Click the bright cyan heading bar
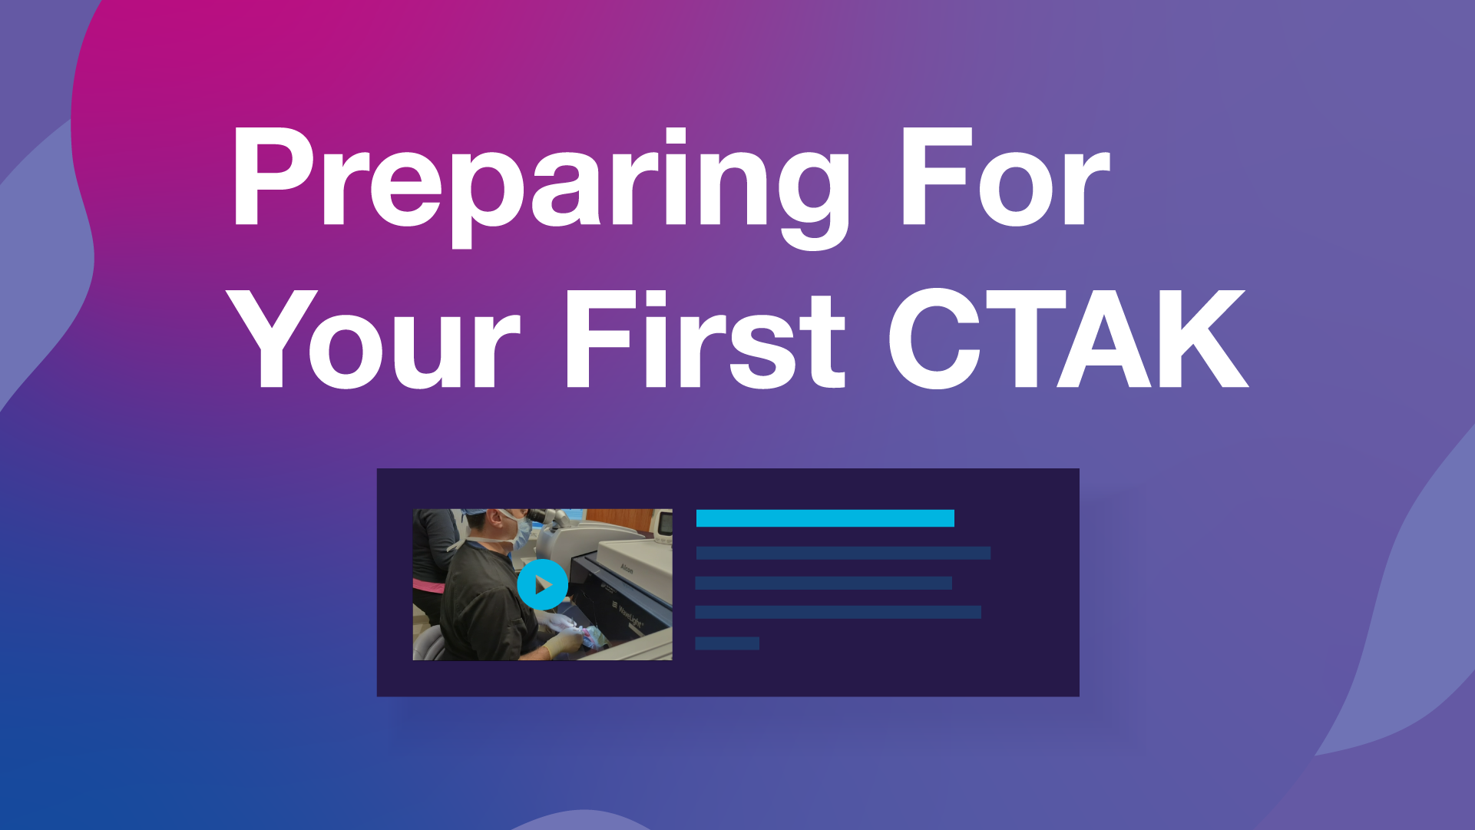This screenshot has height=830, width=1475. [x=825, y=518]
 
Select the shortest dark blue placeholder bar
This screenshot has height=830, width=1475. [x=726, y=643]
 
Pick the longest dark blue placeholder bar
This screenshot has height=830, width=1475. [x=842, y=553]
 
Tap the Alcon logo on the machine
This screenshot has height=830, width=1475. [x=627, y=569]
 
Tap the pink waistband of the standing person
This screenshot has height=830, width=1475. [x=428, y=587]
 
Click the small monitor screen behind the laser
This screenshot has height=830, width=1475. [x=665, y=524]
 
